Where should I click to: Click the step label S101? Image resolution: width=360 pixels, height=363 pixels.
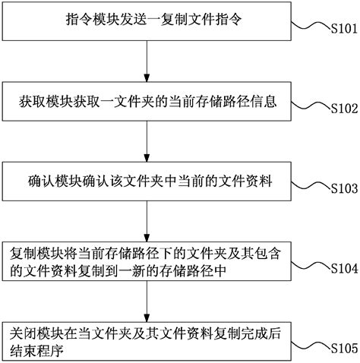[x=344, y=28]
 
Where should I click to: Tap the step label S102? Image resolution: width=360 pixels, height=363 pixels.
[x=344, y=109]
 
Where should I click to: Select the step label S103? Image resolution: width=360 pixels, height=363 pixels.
[x=344, y=188]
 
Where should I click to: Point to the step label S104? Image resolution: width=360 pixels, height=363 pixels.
[x=344, y=268]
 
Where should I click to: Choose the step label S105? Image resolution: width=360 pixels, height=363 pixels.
[x=344, y=349]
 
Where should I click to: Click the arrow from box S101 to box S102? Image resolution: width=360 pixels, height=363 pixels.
[x=147, y=61]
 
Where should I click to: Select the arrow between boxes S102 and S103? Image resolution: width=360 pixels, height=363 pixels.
[x=147, y=141]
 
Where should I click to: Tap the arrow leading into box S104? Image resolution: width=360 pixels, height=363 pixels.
[x=147, y=222]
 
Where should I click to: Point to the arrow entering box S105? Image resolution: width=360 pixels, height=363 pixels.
[x=147, y=301]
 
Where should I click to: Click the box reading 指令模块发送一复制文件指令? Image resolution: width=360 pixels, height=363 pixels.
[x=147, y=21]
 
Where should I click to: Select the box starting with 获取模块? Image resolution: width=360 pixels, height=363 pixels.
[x=147, y=101]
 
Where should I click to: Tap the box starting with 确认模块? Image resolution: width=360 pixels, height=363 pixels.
[x=147, y=181]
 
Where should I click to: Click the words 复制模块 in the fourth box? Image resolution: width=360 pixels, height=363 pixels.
[x=36, y=253]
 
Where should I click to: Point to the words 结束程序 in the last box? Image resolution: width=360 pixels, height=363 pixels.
[x=36, y=351]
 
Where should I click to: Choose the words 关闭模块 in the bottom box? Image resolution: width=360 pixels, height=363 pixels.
[x=36, y=333]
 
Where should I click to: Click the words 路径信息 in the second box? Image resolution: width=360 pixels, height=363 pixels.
[x=250, y=101]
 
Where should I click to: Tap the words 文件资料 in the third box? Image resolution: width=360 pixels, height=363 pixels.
[x=245, y=181]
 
